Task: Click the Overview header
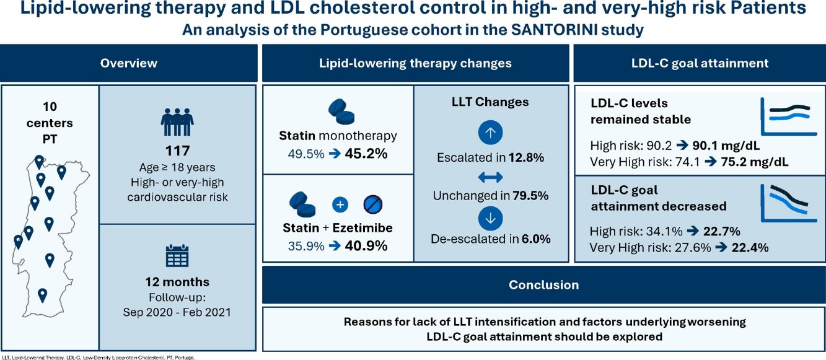tap(129, 63)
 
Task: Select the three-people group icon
tap(177, 120)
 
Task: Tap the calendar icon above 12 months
tap(177, 255)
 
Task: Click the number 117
tap(177, 151)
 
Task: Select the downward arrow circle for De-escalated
tap(491, 217)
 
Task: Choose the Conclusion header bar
tap(543, 285)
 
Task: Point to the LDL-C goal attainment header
tap(700, 63)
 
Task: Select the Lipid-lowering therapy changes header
tap(415, 63)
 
